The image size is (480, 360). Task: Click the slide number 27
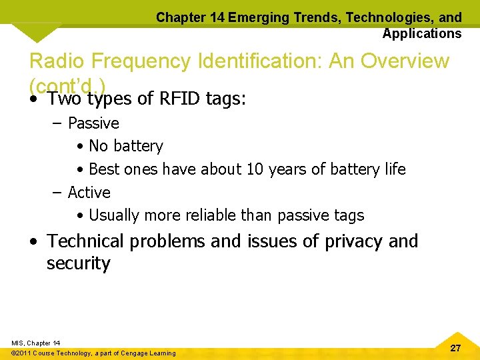click(x=455, y=348)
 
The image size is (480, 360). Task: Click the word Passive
click(x=93, y=123)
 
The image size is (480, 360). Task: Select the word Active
click(x=89, y=193)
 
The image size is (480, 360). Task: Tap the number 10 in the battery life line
click(x=255, y=169)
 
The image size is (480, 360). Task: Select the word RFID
click(x=180, y=99)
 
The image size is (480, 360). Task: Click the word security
click(x=78, y=264)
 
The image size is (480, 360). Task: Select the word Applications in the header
click(x=421, y=33)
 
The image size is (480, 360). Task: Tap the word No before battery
click(x=98, y=146)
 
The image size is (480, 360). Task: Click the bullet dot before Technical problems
click(x=33, y=242)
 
